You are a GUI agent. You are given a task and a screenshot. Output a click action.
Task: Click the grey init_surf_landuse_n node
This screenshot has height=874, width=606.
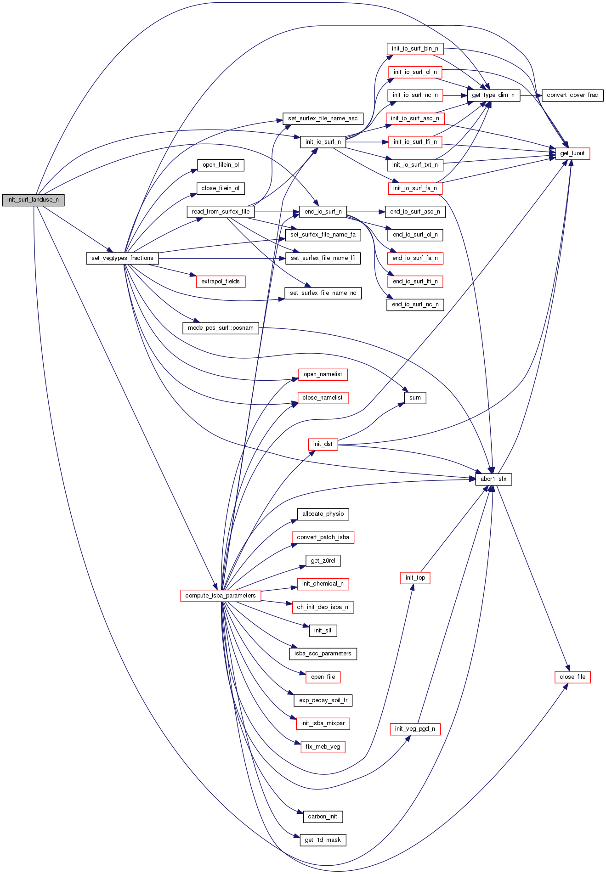click(x=33, y=200)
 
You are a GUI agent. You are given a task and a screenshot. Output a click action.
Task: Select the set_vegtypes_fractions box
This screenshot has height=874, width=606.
click(x=122, y=258)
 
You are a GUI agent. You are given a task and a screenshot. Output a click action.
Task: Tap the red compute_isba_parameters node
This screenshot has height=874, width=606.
click(x=221, y=596)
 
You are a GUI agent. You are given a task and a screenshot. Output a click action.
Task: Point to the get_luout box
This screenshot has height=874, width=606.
click(x=572, y=153)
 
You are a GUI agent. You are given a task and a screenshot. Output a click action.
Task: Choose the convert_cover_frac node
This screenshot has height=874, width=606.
click(x=572, y=95)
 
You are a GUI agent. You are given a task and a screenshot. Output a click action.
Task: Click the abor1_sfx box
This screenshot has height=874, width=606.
click(x=493, y=479)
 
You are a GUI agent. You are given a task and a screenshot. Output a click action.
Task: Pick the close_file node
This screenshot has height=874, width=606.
click(x=572, y=677)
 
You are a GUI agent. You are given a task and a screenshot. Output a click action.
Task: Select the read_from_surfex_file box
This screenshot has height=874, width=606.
click(x=221, y=212)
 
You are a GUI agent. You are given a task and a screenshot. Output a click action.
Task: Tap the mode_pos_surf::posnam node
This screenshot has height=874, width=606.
click(x=221, y=328)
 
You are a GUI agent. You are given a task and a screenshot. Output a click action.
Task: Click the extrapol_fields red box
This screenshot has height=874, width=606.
click(x=221, y=282)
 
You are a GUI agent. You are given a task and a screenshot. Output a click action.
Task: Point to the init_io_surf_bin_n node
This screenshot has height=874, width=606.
click(x=415, y=49)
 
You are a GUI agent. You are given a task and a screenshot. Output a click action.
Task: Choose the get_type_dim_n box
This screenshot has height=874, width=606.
click(x=493, y=95)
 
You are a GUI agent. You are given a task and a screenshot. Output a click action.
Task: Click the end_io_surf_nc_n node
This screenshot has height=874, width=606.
click(x=415, y=304)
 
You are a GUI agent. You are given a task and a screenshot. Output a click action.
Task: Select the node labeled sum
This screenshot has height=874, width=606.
click(x=415, y=398)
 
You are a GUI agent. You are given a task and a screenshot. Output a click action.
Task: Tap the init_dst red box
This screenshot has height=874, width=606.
click(x=323, y=444)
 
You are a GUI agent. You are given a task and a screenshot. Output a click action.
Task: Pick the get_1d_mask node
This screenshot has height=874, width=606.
click(x=323, y=840)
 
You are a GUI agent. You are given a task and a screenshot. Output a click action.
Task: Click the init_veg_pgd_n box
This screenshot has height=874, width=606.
click(x=415, y=729)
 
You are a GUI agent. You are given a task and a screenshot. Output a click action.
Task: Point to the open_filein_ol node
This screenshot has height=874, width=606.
click(x=221, y=165)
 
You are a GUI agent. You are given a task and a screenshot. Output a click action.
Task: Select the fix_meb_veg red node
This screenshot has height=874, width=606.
click(x=323, y=747)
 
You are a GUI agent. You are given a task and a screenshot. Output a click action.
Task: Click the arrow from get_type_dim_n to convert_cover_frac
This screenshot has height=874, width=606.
click(x=531, y=95)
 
